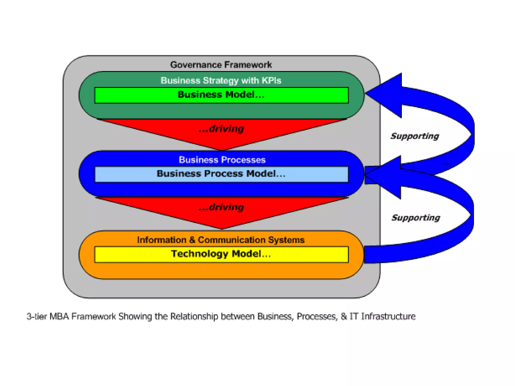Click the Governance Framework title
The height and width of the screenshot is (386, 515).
click(221, 65)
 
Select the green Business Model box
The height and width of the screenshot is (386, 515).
click(221, 95)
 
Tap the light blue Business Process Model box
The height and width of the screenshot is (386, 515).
click(221, 174)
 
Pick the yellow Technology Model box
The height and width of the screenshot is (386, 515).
click(221, 254)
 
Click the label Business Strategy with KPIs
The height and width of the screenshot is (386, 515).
click(221, 80)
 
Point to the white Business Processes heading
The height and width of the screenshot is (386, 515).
click(222, 160)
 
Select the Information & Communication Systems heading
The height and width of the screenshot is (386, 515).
click(221, 240)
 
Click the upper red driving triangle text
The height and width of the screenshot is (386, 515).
click(221, 129)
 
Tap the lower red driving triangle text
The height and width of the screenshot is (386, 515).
click(221, 207)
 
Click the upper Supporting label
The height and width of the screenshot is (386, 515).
click(415, 136)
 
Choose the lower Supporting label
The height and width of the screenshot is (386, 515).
click(416, 218)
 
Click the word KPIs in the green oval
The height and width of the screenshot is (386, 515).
click(271, 80)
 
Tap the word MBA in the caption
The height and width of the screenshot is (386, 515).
click(59, 316)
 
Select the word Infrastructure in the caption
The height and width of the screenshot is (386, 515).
click(388, 316)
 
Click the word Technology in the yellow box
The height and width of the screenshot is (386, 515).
click(200, 254)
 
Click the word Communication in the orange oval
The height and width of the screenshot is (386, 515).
click(232, 240)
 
